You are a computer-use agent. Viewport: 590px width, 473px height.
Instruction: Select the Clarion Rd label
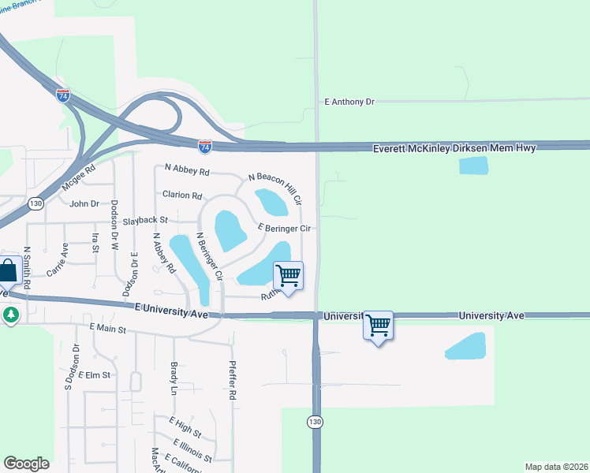pos(182,195)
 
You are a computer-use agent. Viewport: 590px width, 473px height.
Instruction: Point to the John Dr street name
pos(84,203)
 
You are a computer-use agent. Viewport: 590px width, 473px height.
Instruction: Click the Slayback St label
pos(145,220)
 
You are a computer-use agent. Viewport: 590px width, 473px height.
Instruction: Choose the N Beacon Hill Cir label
pos(275,188)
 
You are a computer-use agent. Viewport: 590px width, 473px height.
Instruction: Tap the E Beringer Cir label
pos(287,228)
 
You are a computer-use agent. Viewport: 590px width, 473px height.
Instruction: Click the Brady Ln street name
pos(174,378)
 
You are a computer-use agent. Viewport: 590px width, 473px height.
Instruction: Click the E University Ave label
pos(171,310)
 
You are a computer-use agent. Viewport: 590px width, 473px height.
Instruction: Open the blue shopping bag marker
pos(8,270)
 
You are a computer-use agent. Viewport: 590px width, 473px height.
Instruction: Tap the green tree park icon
pos(10,315)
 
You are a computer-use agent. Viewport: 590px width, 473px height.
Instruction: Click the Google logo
pos(26,464)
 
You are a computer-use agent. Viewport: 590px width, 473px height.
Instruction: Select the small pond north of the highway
pos(473,166)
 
